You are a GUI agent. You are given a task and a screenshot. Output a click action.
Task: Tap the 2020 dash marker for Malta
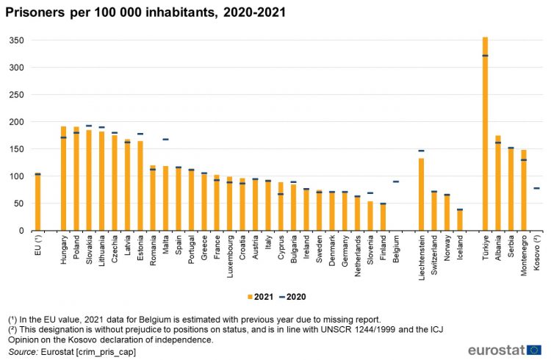165,139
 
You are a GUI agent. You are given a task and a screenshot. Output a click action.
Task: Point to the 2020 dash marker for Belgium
396,181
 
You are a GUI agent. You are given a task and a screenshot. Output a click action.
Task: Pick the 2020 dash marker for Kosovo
536,188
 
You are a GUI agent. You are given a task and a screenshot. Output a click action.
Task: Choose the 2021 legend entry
260,297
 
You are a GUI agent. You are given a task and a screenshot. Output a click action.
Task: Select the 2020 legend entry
293,297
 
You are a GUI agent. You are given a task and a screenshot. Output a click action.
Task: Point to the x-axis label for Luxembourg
230,256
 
